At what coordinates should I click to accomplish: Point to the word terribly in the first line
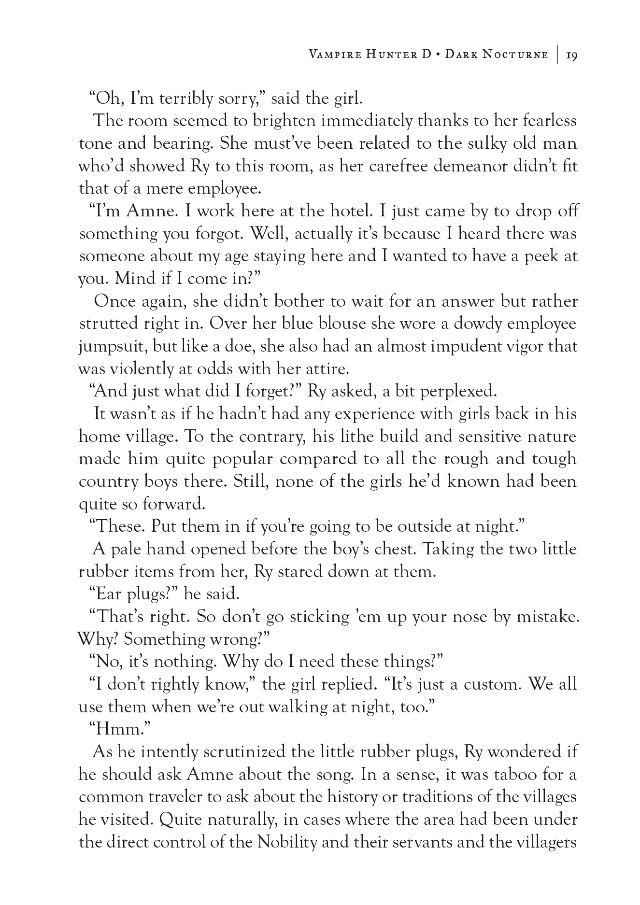pos(187,99)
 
